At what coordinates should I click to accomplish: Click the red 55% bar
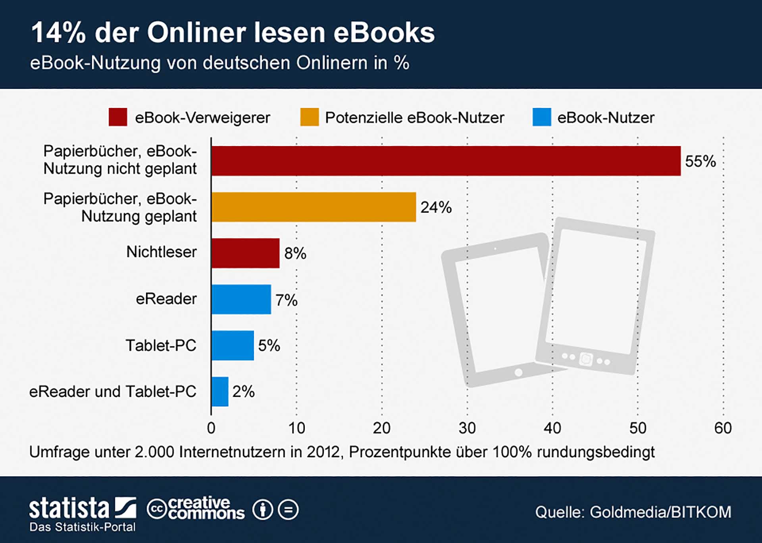tap(446, 161)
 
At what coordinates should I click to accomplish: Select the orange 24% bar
tap(314, 207)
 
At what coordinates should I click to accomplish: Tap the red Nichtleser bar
tap(245, 253)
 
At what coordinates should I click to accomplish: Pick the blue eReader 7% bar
tap(241, 299)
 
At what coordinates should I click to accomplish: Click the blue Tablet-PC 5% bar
tap(233, 345)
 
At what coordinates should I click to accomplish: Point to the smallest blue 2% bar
tap(220, 392)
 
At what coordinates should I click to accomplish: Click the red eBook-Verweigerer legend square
tap(118, 117)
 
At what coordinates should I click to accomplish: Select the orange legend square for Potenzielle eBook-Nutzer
tap(310, 117)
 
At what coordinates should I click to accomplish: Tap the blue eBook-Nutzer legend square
tap(542, 117)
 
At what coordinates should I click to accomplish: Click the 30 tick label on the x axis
tap(467, 428)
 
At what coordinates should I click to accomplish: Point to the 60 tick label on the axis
tap(723, 428)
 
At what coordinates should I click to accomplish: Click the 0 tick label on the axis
tap(211, 428)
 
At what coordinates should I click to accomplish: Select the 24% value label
tap(436, 207)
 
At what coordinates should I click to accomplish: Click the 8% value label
tap(295, 253)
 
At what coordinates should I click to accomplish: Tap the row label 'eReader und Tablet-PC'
tap(113, 392)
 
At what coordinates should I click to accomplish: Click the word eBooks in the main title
tap(384, 33)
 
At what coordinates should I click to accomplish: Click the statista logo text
tap(69, 508)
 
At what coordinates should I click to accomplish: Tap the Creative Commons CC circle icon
tap(157, 509)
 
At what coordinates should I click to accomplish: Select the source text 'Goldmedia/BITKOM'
tap(660, 512)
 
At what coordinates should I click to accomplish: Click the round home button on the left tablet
tap(518, 372)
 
